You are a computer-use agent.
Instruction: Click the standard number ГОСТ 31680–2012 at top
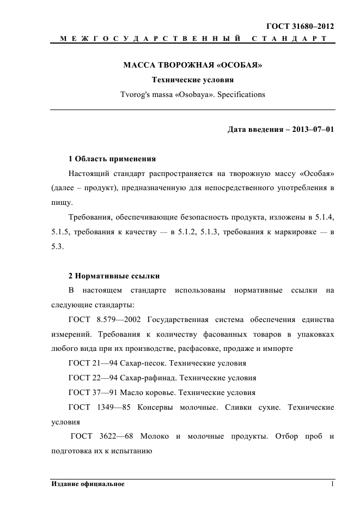tap(300, 26)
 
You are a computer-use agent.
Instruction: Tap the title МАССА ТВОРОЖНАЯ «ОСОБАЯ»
tap(193, 66)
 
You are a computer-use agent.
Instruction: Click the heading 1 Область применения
tap(112, 159)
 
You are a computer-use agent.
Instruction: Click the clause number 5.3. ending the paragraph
tap(57, 246)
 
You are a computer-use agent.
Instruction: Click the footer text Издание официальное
tap(88, 484)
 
